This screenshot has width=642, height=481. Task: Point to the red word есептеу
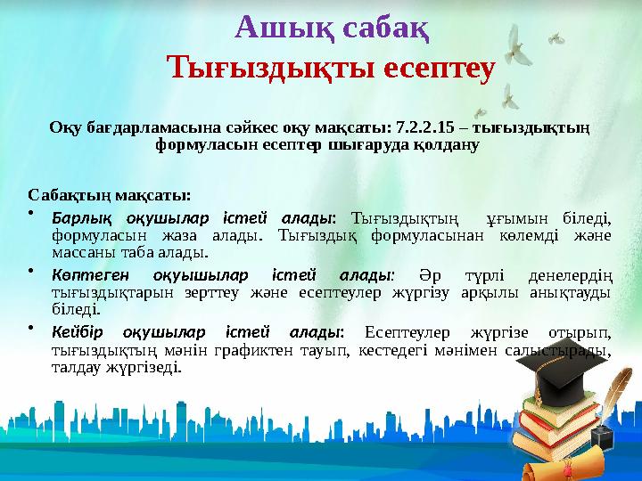click(x=432, y=67)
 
